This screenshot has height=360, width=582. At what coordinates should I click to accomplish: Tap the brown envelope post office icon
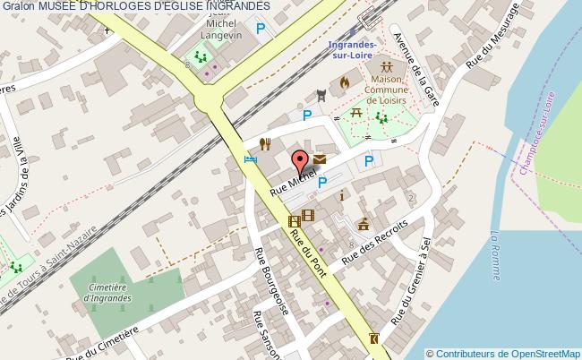click(320, 159)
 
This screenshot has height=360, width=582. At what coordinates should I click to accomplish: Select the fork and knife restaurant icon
click(265, 142)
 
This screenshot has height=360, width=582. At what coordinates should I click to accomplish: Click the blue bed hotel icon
click(251, 159)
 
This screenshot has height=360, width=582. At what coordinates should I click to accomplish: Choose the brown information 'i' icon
click(340, 194)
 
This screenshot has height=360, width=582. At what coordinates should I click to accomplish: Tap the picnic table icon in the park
click(356, 113)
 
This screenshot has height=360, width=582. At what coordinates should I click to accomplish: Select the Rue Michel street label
click(294, 178)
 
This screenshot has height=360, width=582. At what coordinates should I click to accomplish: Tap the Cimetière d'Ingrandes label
click(112, 293)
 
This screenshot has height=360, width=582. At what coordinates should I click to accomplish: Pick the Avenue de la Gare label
click(418, 71)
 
